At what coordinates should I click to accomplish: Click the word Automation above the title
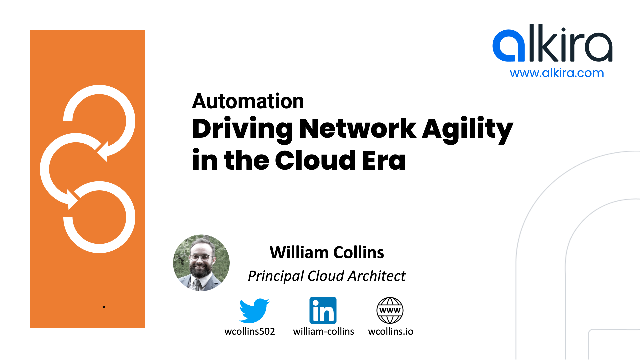247,101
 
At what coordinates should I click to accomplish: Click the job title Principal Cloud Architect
327,275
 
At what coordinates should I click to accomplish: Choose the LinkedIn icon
322,309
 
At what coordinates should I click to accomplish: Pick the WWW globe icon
390,309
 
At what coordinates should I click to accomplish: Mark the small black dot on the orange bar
105,306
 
